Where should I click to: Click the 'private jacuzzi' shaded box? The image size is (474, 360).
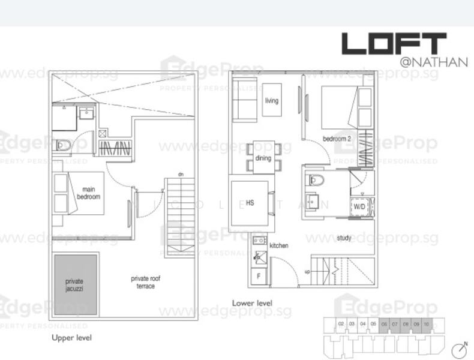76,284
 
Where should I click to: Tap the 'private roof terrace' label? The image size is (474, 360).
146,282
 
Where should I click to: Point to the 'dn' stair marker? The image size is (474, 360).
180,175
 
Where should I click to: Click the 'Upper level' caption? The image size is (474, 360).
71,338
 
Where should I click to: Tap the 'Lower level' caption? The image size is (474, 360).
252,303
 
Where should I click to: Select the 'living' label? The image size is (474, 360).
272,101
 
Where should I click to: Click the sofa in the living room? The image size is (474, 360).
244,99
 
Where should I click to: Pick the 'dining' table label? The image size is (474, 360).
263,158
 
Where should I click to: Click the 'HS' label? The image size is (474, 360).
250,203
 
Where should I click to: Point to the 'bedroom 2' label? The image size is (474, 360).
337,139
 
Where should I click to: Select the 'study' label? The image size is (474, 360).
344,238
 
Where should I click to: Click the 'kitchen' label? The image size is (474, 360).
279,245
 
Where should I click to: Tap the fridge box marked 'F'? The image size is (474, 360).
259,277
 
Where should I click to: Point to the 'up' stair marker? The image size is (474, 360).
308,271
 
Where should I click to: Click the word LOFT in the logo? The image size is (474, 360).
394,44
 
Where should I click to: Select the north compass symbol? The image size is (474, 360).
460,349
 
